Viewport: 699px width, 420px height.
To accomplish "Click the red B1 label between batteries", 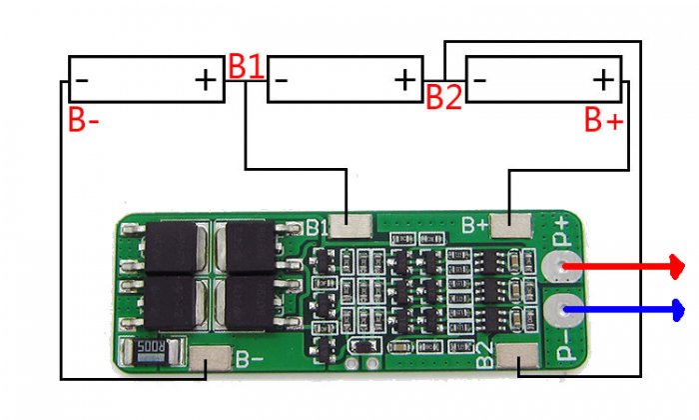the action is click(247, 67).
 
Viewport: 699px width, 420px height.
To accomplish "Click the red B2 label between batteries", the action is click(444, 96).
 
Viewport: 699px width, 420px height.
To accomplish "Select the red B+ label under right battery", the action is click(603, 119).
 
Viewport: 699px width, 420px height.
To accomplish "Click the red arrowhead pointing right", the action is click(678, 267).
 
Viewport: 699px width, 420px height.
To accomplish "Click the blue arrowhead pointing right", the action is click(678, 310).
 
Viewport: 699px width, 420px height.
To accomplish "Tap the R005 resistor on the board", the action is click(151, 351).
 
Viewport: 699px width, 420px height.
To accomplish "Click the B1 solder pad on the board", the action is click(349, 225).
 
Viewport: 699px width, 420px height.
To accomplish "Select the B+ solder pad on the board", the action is click(511, 225).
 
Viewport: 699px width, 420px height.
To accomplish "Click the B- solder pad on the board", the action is click(210, 358).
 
